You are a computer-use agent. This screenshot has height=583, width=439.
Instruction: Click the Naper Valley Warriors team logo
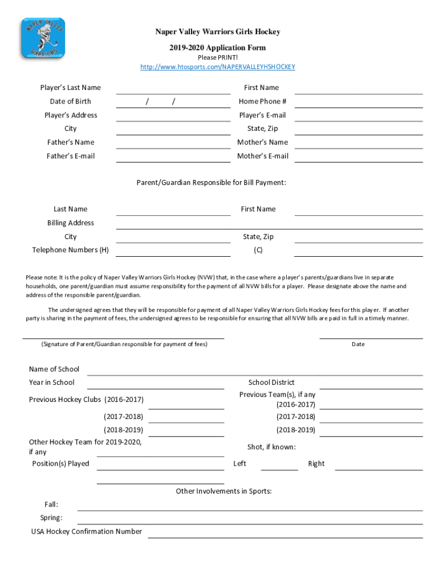[43, 38]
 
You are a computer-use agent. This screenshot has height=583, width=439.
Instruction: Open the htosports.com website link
[218, 67]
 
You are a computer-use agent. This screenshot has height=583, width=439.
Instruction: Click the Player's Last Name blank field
[173, 89]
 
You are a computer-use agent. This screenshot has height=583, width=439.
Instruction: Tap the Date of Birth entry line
[173, 102]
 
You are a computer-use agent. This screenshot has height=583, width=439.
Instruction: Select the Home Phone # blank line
[358, 102]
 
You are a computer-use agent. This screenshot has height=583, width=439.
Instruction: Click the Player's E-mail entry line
[358, 116]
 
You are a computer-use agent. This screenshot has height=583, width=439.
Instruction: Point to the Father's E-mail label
[71, 156]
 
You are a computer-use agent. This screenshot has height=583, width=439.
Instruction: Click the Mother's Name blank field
[358, 143]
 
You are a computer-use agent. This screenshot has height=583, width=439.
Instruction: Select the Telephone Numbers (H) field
[173, 252]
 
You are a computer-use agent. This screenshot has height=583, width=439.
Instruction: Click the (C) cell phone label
[258, 251]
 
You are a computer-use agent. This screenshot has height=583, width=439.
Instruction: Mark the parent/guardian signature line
[123, 335]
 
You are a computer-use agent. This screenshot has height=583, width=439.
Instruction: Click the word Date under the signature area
[358, 344]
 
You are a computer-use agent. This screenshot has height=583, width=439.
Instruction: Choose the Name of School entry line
[254, 371]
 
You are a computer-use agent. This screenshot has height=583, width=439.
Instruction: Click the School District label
[271, 383]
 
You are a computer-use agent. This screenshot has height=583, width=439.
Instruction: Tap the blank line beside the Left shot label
[279, 466]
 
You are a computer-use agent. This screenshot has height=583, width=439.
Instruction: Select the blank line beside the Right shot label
[379, 466]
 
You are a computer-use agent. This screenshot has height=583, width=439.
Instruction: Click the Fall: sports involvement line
[250, 506]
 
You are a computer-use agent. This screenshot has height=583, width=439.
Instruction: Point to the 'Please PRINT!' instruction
[218, 58]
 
